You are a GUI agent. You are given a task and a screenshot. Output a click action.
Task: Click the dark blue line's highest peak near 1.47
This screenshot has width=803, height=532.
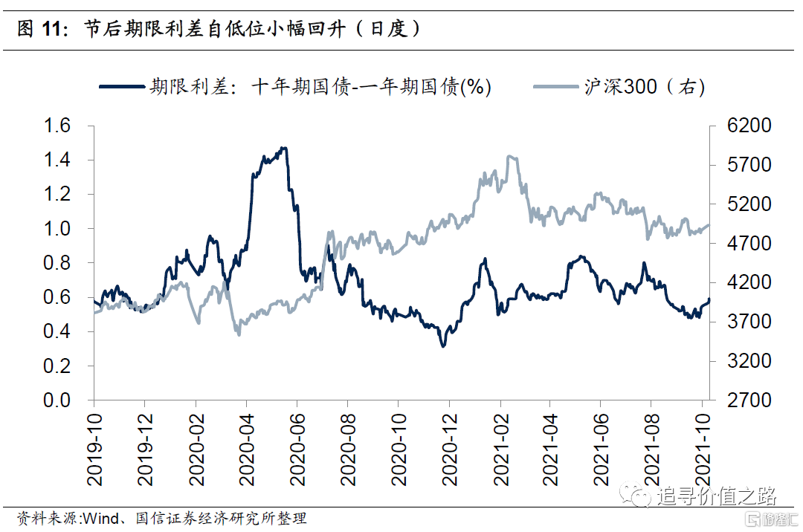(x=283, y=148)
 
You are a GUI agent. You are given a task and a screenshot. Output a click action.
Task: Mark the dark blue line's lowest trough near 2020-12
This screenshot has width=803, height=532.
(x=444, y=346)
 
